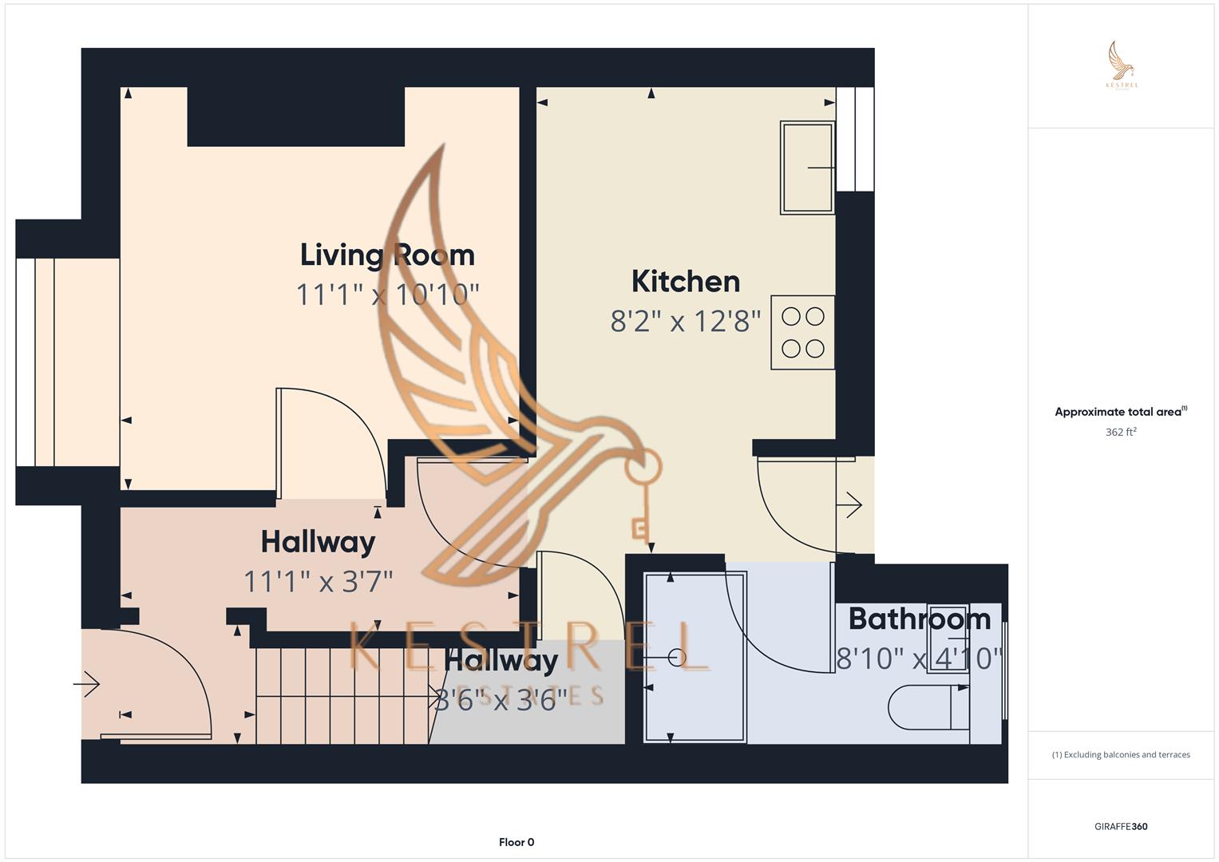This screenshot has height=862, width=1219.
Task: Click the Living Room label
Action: coord(387,255)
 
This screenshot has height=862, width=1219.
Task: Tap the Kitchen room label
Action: coord(685,282)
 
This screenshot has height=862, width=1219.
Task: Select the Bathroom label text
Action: coord(919,619)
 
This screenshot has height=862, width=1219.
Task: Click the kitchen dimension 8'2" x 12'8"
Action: coord(685,322)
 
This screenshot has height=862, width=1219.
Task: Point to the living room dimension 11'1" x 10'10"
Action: coord(387,295)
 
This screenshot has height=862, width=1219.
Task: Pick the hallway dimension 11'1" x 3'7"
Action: coord(318,581)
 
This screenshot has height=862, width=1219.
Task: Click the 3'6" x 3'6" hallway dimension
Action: coord(501,700)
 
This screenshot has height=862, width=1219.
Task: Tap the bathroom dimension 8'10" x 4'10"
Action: coord(919,658)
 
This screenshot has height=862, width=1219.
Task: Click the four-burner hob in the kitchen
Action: coord(802,333)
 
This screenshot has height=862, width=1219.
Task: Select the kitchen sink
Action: coord(807,168)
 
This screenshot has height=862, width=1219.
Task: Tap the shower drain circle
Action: coord(677,658)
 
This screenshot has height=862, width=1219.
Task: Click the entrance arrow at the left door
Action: coord(86,684)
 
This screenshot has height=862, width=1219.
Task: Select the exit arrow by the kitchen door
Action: coord(852,505)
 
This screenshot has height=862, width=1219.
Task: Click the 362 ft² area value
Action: coord(1121,433)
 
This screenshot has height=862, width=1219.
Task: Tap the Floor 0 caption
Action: coord(516,842)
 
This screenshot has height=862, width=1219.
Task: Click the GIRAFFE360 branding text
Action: coord(1121,827)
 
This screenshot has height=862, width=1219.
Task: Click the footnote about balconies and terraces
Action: coord(1121,754)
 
